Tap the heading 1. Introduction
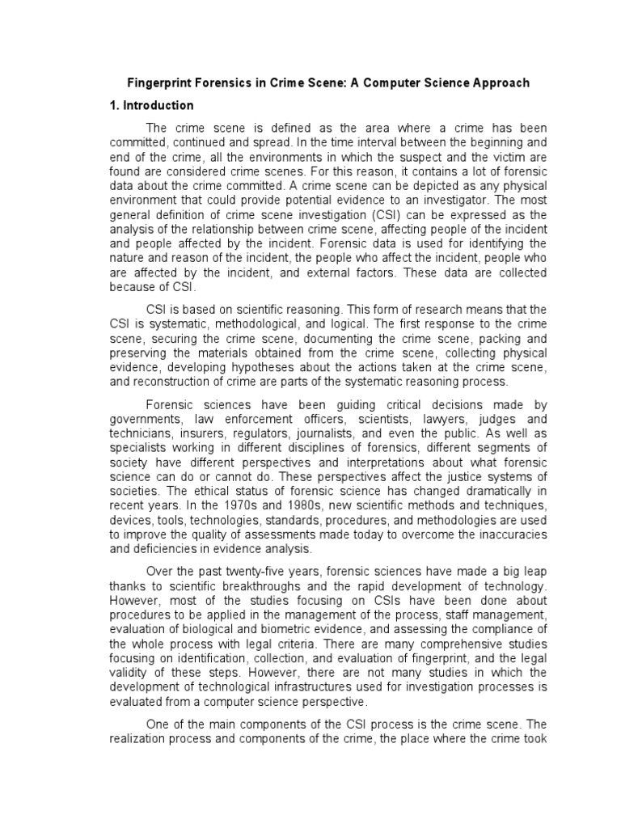pyautogui.click(x=152, y=106)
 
